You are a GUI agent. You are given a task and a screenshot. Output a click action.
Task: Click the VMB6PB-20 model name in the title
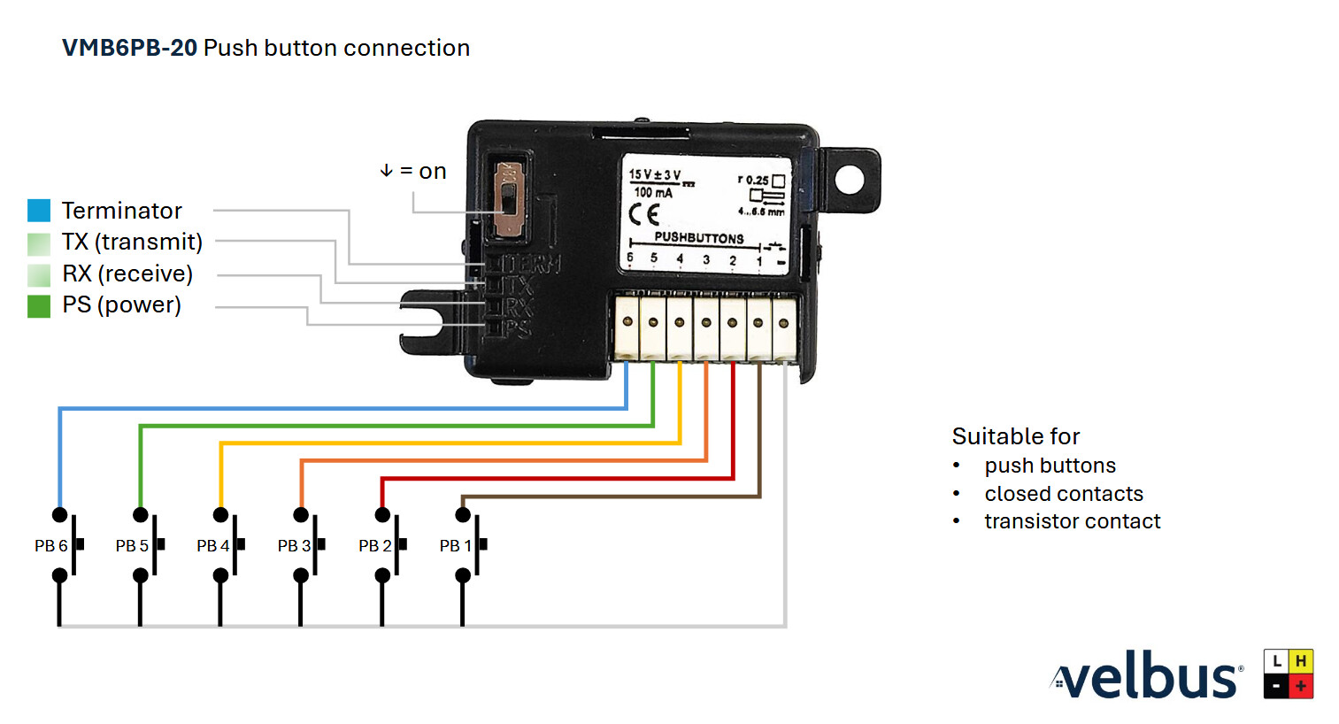[x=129, y=48]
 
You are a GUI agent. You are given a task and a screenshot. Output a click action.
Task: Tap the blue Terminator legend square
[x=39, y=211]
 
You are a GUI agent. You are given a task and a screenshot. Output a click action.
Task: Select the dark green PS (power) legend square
[x=39, y=305]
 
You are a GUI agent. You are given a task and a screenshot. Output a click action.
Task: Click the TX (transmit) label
[x=132, y=242]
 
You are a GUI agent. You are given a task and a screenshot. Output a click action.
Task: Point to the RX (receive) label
[x=127, y=273]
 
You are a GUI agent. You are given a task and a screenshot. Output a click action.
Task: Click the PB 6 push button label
[x=50, y=546]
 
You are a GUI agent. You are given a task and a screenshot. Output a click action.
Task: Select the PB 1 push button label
[x=455, y=546]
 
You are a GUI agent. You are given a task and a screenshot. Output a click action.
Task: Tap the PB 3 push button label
[x=294, y=546]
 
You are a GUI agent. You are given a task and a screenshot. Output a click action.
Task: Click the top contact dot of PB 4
[x=220, y=515]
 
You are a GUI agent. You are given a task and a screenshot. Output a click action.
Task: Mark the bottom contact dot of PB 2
[x=382, y=576]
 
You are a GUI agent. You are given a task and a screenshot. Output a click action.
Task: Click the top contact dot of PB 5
[x=140, y=515]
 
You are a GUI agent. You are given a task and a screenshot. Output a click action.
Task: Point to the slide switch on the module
[x=509, y=199]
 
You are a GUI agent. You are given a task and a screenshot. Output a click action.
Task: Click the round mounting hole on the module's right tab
[x=849, y=180]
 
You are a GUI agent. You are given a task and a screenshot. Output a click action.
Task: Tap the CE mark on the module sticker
[x=644, y=214]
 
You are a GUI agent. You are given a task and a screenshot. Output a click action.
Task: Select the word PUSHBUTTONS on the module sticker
[x=699, y=237]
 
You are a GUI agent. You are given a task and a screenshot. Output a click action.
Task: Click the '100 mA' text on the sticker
[x=653, y=192]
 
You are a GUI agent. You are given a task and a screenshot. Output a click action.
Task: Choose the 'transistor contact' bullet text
[x=1072, y=521]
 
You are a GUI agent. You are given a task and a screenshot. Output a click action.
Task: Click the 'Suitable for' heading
[x=1016, y=436]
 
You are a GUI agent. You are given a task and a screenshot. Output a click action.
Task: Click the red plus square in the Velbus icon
[x=1301, y=686]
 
